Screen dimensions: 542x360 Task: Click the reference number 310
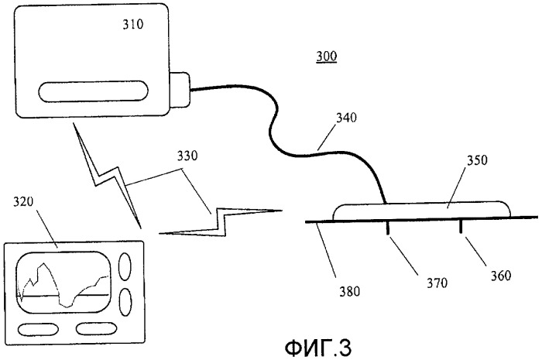(133, 25)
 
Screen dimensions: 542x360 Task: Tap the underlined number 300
(326, 56)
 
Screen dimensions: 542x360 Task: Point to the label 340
(346, 118)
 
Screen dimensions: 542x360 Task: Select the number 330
(187, 156)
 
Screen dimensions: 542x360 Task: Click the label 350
(478, 160)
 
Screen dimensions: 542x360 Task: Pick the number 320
(23, 201)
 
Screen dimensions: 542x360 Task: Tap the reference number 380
(349, 292)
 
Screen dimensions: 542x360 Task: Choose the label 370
(437, 283)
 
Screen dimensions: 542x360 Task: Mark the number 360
(500, 276)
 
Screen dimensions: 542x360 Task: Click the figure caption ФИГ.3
(318, 348)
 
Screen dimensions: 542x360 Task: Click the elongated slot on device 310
(93, 91)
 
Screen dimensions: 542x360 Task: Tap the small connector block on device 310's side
(180, 90)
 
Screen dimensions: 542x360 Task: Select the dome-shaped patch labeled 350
(421, 211)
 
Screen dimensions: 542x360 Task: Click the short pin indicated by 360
(461, 226)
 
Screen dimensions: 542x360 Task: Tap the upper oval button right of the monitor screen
(125, 266)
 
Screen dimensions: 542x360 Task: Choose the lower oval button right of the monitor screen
(125, 302)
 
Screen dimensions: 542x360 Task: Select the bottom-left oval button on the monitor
(38, 329)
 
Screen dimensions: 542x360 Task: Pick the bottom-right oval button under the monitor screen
(96, 328)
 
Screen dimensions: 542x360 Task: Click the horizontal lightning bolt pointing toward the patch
(221, 222)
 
